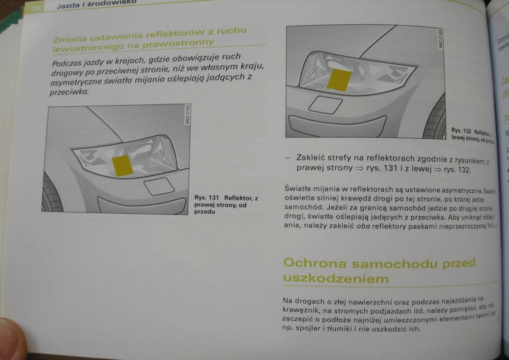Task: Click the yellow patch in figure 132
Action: (339, 79)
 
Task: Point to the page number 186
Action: (35, 7)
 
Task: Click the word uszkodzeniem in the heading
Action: (336, 279)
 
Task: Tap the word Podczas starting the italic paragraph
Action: (67, 64)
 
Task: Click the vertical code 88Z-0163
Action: (186, 115)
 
